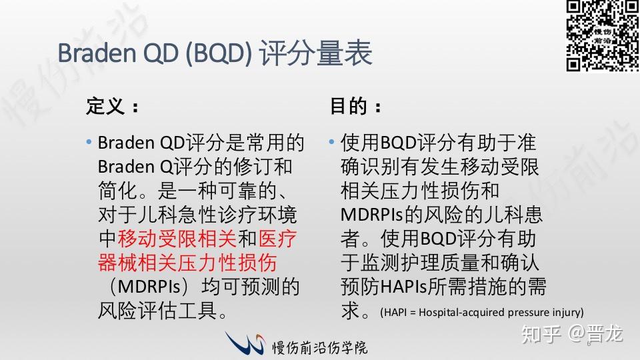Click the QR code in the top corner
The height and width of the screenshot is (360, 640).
click(x=602, y=35)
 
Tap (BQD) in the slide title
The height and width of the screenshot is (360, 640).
click(x=218, y=53)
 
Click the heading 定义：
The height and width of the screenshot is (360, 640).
click(x=113, y=107)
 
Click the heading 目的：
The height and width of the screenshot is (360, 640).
click(x=357, y=107)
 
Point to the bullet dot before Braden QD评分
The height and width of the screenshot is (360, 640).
click(x=89, y=143)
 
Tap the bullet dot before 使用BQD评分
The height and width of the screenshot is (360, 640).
click(x=331, y=143)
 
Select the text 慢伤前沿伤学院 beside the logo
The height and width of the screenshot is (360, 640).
click(x=320, y=347)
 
